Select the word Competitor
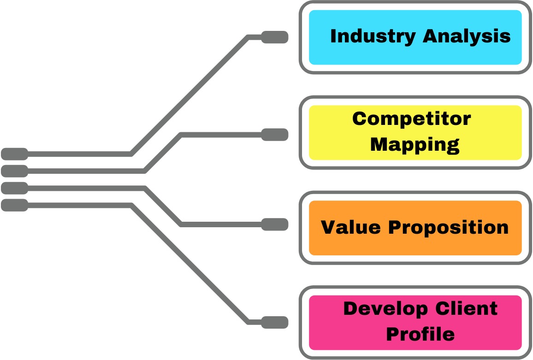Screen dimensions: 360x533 tap(411, 119)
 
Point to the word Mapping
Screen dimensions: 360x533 tap(415, 144)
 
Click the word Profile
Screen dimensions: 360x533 tap(420, 334)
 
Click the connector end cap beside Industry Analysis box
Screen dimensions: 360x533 tap(275, 37)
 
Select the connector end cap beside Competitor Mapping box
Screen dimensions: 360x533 tap(275, 135)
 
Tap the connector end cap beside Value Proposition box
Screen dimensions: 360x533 tap(275, 224)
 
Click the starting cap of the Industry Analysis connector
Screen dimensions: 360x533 tap(14, 153)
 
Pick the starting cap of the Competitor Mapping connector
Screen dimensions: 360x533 tap(14, 171)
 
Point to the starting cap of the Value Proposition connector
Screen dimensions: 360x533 tap(14, 188)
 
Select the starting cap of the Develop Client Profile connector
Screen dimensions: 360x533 tap(14, 205)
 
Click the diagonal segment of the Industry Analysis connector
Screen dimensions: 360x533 tap(190, 95)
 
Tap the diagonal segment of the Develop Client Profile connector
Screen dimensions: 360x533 tap(190, 264)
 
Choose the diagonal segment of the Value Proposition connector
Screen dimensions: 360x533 tap(164, 206)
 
